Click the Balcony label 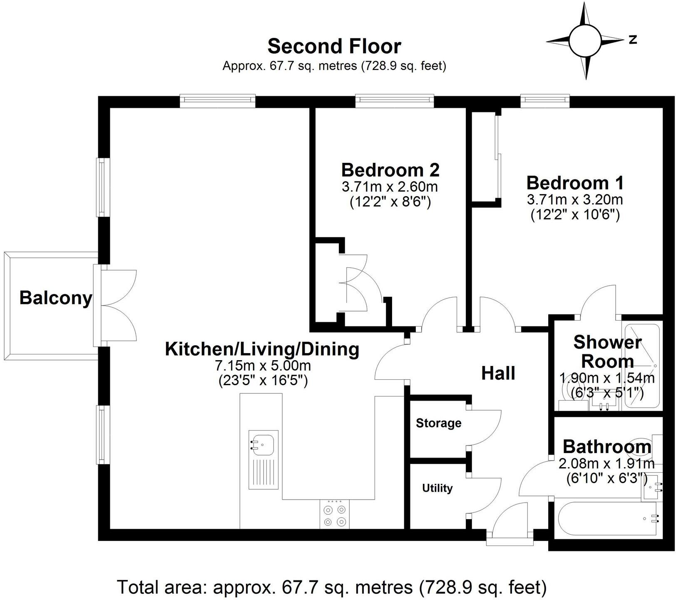(55, 298)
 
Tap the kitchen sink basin (263, 444)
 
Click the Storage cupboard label (438, 423)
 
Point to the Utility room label (437, 488)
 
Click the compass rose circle (586, 41)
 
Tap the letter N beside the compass (633, 40)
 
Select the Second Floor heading (334, 46)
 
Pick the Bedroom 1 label (575, 183)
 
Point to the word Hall (498, 373)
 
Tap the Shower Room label (607, 351)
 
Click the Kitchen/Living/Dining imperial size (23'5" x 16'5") (263, 381)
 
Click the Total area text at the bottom (332, 587)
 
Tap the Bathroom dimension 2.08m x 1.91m (606, 463)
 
